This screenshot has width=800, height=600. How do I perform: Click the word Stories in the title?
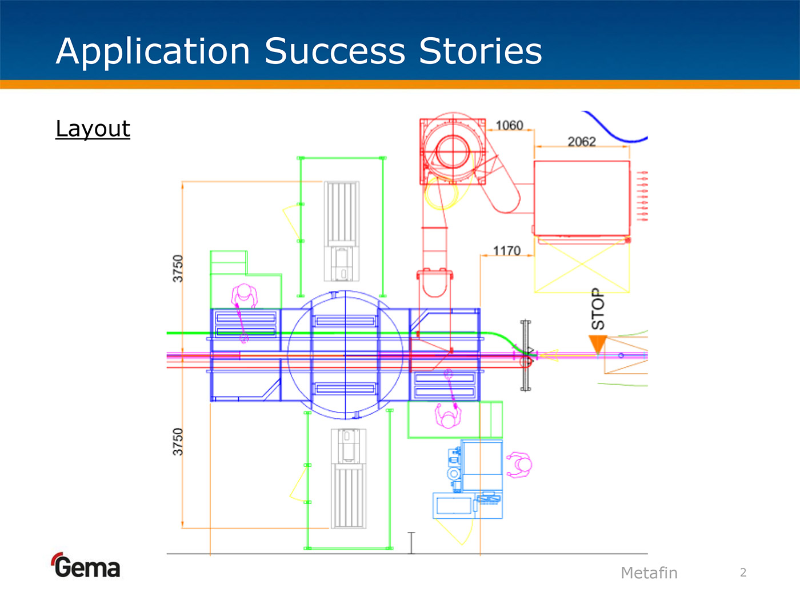[480, 51]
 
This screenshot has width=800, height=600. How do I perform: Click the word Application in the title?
[153, 51]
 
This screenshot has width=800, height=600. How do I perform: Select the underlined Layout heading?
[93, 129]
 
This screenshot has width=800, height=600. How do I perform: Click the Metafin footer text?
[649, 573]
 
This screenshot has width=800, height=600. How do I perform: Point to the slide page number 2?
[743, 573]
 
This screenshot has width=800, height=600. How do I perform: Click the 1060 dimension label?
[509, 125]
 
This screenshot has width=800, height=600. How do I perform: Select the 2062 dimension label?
[582, 141]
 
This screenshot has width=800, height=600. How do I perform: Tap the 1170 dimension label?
[507, 250]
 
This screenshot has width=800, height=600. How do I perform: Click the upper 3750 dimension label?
[178, 269]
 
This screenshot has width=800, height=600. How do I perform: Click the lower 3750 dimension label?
[178, 442]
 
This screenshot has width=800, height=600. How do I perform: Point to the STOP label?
[598, 309]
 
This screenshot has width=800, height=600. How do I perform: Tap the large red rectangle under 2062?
[582, 198]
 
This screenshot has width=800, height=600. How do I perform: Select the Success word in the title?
[335, 51]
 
